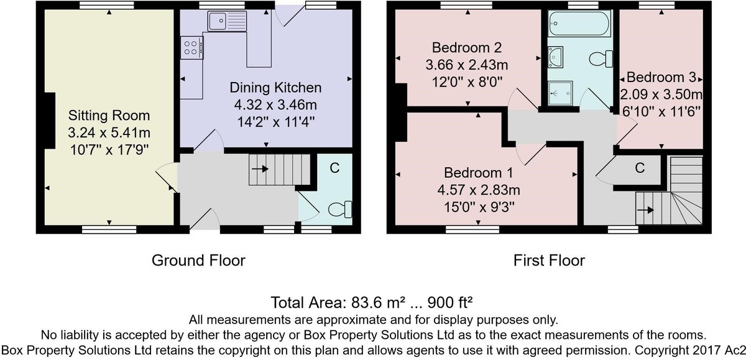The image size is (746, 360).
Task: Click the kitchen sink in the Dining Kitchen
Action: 227,21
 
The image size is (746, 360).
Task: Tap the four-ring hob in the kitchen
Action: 192,48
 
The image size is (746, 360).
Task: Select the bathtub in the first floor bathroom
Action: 579,23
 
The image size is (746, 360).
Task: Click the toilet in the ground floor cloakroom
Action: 340,210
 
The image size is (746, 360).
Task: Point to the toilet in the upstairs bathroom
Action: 601,59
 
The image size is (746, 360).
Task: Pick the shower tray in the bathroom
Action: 560,93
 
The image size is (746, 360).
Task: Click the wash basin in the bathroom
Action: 555,57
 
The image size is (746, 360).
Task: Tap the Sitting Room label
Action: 109,116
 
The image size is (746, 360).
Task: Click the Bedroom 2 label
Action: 467,48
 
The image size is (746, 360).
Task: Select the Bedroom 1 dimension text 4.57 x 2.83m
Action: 479,190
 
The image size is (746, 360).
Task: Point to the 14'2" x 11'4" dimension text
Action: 276,122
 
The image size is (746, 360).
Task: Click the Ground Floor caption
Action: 198,260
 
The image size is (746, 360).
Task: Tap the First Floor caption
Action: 549,260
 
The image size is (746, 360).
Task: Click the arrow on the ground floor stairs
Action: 260,169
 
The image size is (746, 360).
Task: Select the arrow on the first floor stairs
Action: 645,210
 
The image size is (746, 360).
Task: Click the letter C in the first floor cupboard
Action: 640,168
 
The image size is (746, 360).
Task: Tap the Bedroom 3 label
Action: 661,77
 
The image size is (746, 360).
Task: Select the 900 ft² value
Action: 450,302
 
